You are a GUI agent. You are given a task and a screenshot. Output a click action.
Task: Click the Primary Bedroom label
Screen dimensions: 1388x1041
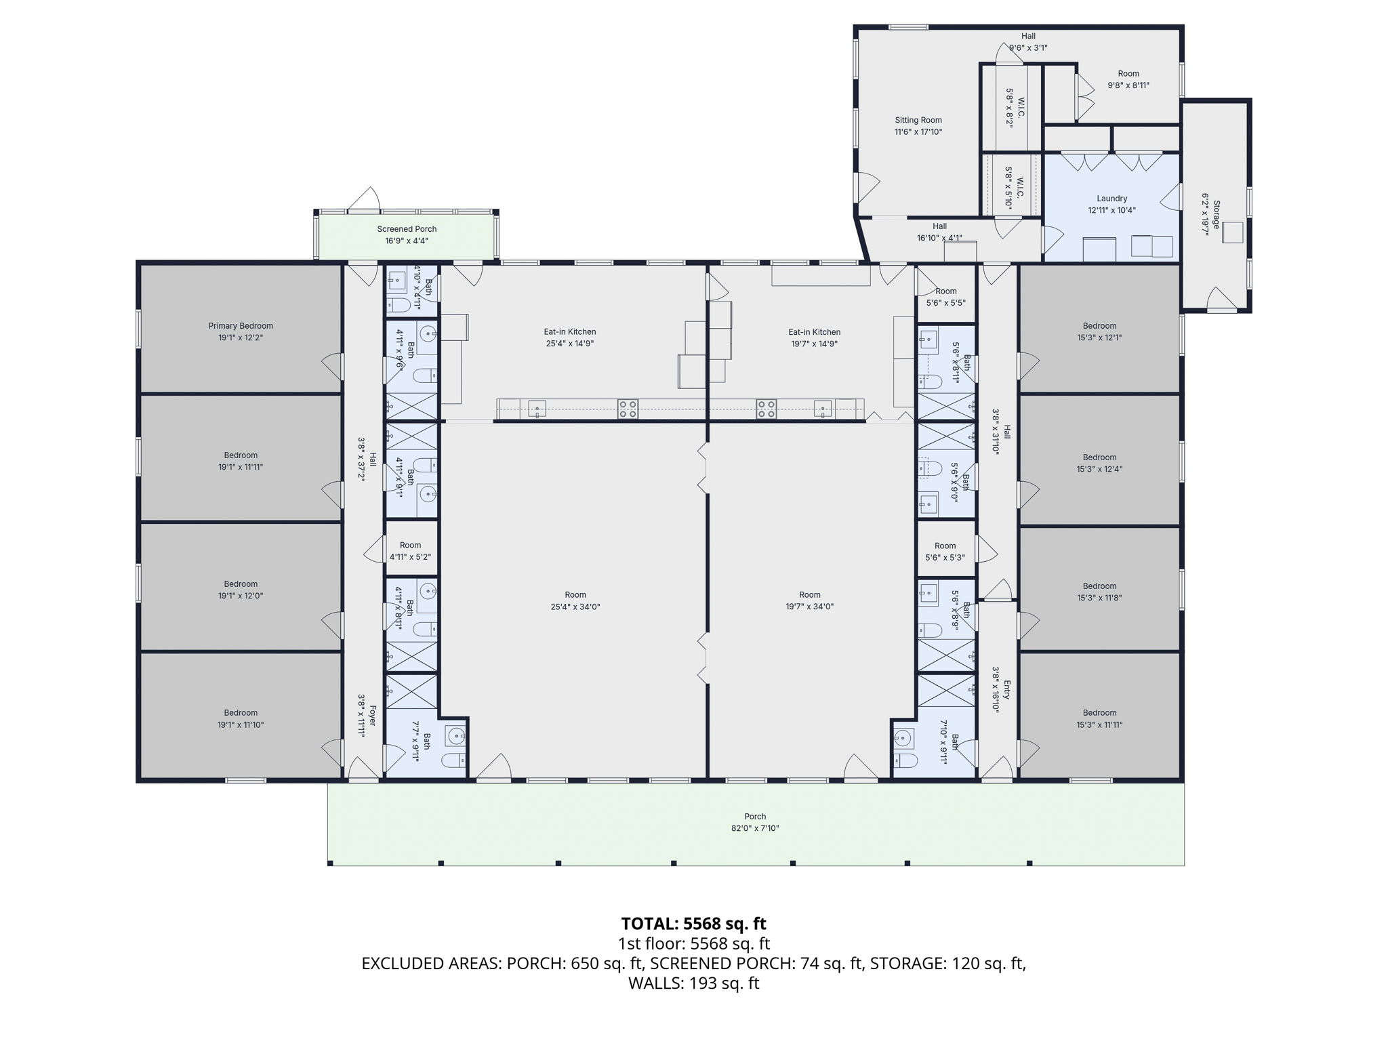tap(241, 326)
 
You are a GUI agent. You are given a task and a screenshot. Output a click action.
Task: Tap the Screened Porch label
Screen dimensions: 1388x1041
tap(407, 229)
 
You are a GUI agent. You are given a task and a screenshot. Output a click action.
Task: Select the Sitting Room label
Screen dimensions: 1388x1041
tap(918, 120)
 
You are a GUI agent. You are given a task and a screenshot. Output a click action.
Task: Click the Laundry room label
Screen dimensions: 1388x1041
tap(1111, 199)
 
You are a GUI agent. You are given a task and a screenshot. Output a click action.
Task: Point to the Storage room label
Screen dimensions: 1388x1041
tap(1217, 214)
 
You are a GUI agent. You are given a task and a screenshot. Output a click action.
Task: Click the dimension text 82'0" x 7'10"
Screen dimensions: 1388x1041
tap(755, 828)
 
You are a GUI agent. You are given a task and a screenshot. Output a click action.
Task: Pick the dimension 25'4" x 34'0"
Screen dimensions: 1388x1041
tap(575, 607)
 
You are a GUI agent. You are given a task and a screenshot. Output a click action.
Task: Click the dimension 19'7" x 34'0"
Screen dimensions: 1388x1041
tap(809, 607)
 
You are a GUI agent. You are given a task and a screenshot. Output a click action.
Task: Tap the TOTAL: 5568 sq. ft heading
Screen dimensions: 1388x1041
tap(693, 924)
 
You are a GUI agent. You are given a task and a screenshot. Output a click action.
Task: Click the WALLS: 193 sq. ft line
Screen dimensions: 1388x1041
tap(693, 983)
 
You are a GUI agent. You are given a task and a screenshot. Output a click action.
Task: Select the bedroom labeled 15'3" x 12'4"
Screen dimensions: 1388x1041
tap(1099, 463)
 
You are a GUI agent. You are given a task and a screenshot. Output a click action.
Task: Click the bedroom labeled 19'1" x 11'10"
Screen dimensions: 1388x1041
tap(241, 718)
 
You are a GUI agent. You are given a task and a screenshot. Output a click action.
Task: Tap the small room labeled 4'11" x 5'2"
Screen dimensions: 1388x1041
tap(410, 551)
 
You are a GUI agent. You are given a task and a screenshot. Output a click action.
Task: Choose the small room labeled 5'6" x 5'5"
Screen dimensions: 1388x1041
tap(945, 297)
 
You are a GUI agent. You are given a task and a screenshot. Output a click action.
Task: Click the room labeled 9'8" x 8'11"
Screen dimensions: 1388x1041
tap(1128, 79)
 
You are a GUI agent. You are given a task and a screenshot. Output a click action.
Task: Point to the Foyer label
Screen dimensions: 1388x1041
tap(373, 716)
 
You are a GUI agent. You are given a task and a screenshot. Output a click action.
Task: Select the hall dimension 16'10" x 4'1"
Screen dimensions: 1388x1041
tap(939, 238)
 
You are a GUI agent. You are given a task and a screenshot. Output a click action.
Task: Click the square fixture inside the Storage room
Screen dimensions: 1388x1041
tap(1233, 232)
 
